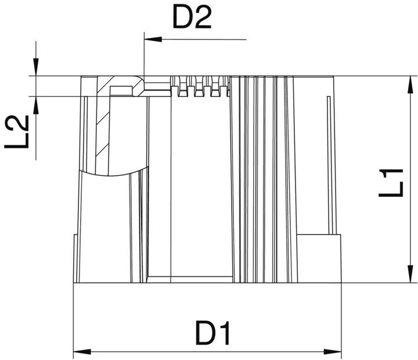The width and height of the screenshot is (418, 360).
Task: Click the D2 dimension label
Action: pos(191,19)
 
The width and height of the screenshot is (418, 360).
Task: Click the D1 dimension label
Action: pos(213,334)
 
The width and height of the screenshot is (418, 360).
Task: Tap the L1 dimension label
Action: pos(391,182)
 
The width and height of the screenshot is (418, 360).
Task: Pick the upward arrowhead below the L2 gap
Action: pos(36,102)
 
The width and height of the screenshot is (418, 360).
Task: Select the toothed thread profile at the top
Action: pos(200,87)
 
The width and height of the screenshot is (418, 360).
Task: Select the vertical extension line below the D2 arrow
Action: pos(143,58)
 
